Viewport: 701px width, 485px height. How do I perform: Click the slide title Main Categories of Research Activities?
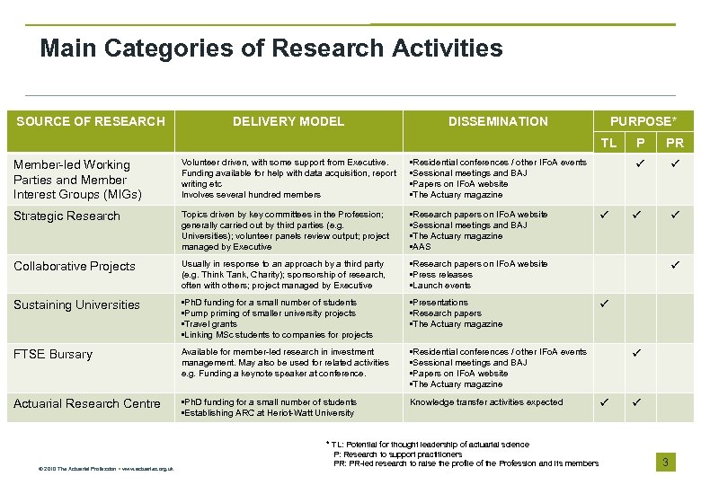tap(271, 48)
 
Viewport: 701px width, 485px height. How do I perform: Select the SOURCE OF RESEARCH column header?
tap(91, 121)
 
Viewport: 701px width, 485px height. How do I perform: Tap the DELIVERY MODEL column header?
tap(288, 121)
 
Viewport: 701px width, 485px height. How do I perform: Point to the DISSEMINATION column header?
tap(498, 121)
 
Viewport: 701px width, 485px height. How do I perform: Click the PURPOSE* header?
tap(643, 120)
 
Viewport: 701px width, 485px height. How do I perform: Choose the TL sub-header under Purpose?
tap(608, 143)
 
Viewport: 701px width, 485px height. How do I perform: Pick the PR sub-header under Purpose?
tap(674, 143)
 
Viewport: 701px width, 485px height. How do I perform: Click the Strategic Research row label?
tap(67, 216)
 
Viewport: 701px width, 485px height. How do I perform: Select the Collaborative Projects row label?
tap(75, 266)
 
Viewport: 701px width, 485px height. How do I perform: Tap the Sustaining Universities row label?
tap(76, 304)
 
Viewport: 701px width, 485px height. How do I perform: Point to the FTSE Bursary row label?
tap(53, 354)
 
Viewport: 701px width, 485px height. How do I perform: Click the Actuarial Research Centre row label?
tap(87, 403)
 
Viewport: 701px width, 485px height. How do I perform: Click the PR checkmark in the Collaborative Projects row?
tap(676, 264)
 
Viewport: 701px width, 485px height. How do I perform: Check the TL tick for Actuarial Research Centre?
tap(604, 402)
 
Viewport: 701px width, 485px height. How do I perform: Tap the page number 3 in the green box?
tap(665, 462)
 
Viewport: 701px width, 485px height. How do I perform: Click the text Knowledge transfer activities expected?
tap(486, 402)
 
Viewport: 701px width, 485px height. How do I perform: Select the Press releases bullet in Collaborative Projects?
tap(442, 275)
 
